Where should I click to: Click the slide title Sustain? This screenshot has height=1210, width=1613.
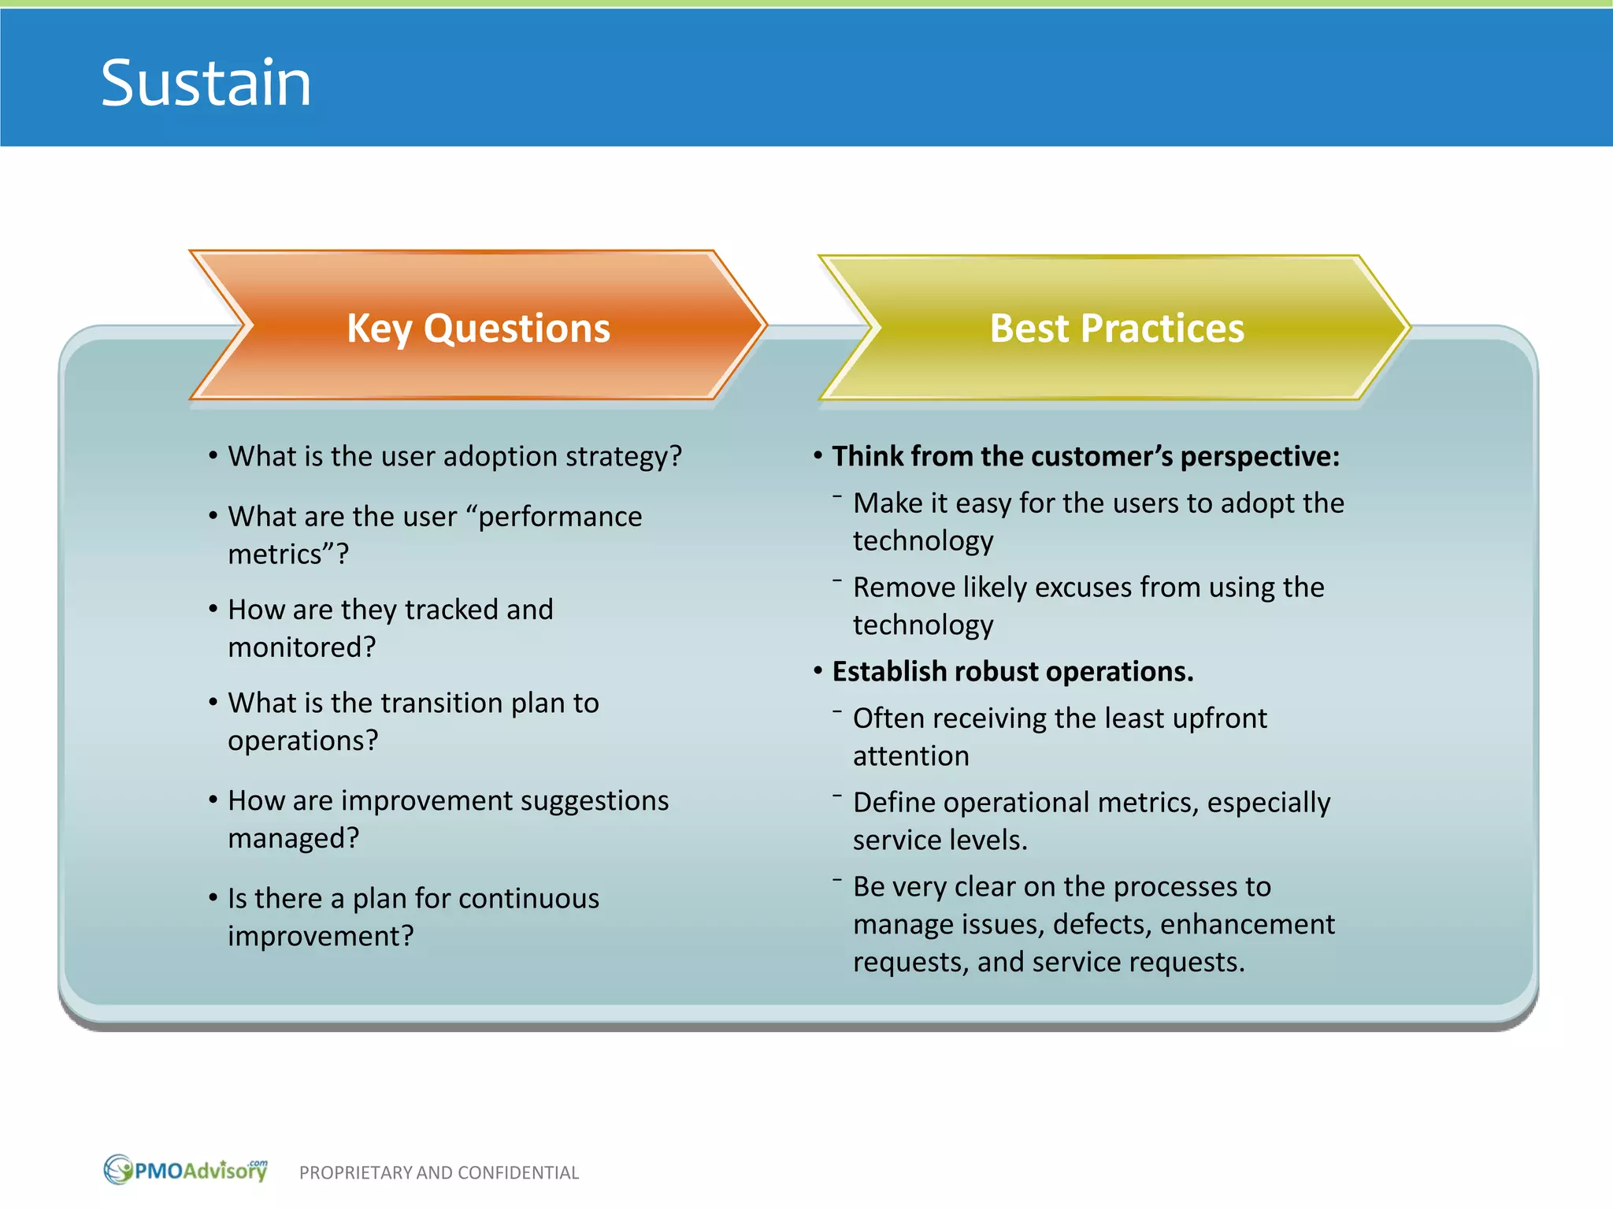pos(206,83)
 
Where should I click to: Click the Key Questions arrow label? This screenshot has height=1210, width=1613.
pos(478,328)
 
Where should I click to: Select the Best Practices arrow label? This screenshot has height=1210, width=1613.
pos(1116,328)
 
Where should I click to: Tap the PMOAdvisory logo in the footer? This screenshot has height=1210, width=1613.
pos(187,1170)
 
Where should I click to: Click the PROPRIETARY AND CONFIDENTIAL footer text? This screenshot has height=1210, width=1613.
pos(439,1173)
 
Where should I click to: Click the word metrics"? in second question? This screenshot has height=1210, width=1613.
pos(288,555)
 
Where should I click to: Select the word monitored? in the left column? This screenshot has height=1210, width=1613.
pos(302,648)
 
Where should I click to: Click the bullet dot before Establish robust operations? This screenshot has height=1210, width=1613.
pos(818,671)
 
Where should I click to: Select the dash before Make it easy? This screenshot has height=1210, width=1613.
pos(836,497)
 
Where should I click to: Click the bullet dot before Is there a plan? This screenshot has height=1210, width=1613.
pos(213,897)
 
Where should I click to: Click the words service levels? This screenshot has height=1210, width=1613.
pos(940,841)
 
